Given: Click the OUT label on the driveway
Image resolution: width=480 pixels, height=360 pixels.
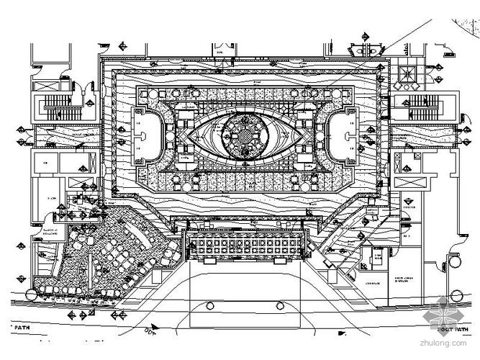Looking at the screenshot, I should pos(153,332).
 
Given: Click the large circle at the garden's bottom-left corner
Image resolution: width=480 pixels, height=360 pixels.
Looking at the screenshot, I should pos(30,294).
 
